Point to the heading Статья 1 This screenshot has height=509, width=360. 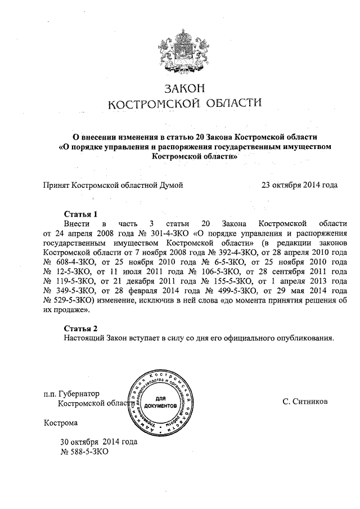(81, 214)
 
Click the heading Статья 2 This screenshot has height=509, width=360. (81, 328)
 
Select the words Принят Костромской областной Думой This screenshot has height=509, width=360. (113, 184)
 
